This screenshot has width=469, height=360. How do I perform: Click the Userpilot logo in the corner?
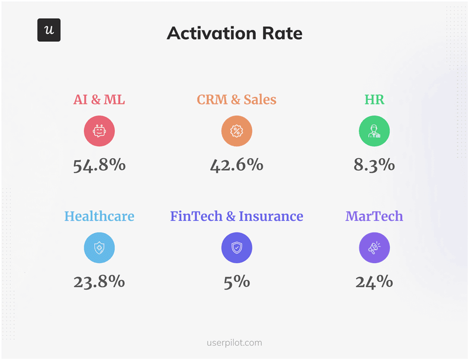coord(49,31)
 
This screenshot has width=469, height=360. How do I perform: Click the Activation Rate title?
coord(235,33)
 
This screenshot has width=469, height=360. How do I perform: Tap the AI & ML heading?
coord(99,100)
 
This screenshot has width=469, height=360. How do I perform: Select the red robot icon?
coord(99,131)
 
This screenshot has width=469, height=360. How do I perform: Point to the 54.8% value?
coord(99,165)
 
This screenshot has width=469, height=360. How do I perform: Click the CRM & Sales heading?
coord(236,100)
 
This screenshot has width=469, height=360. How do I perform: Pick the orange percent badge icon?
coord(236,131)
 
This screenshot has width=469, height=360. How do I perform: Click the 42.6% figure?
coord(236,165)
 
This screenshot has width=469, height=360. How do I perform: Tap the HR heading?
coord(374,100)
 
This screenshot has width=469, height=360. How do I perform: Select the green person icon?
coord(374,131)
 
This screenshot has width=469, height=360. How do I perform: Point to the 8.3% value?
coord(374,165)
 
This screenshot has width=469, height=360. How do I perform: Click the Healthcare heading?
coord(99,216)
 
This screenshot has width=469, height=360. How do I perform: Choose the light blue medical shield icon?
coord(99,248)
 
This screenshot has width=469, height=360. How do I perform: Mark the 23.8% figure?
coord(99,282)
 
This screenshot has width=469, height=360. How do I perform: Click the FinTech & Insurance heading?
coord(236,216)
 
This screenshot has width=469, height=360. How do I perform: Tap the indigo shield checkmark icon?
coord(236,248)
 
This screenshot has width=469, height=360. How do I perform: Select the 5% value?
coord(236,282)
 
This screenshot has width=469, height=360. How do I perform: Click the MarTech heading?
coord(374,216)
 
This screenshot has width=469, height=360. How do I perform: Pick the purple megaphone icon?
coord(374,248)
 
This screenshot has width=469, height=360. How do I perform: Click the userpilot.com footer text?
coord(235,342)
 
